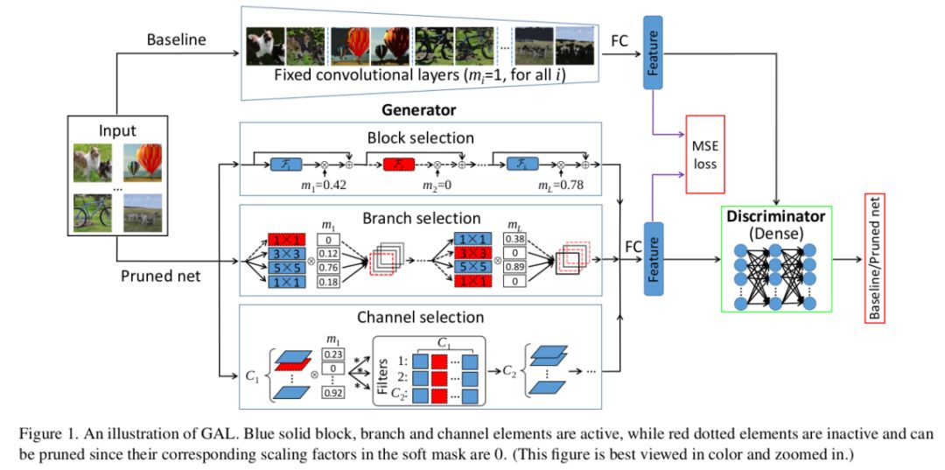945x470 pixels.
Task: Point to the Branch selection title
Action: click(x=422, y=218)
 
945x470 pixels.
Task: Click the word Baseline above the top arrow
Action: click(x=177, y=40)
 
